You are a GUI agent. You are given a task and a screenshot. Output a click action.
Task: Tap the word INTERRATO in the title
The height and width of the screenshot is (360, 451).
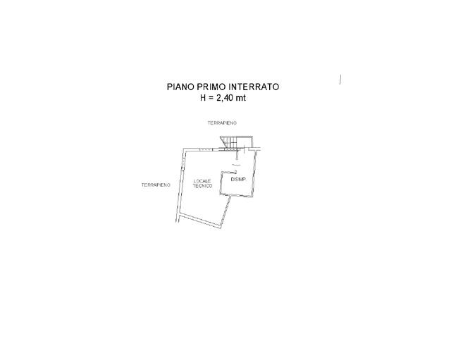(254, 87)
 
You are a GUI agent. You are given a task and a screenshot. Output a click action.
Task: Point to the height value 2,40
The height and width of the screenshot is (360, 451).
(225, 98)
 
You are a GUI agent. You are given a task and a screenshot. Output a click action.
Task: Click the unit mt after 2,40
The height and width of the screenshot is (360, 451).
(241, 98)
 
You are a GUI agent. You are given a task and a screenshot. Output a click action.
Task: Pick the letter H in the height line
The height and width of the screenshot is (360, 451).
(203, 98)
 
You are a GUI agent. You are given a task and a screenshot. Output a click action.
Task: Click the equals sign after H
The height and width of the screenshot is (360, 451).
(211, 99)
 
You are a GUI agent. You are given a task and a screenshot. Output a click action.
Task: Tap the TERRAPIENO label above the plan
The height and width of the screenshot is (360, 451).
(222, 123)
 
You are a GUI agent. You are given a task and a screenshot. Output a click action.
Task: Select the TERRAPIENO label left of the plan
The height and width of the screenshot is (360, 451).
(156, 185)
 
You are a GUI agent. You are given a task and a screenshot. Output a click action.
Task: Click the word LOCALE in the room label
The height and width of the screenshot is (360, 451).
(202, 181)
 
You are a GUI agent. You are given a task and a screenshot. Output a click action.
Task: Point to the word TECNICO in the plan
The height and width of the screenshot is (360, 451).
(202, 186)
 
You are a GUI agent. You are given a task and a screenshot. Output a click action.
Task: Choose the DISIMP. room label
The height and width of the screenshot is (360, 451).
(238, 180)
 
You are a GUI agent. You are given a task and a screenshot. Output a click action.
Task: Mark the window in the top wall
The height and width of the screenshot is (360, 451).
(206, 149)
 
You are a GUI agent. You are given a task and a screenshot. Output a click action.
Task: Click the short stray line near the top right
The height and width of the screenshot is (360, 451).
(340, 80)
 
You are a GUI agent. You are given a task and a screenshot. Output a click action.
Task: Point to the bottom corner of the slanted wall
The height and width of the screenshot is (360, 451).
(221, 228)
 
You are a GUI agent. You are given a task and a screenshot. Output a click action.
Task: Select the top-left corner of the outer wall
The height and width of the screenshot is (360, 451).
(184, 149)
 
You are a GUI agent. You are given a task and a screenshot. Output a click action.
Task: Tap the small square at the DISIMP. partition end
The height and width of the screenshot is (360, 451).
(235, 172)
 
